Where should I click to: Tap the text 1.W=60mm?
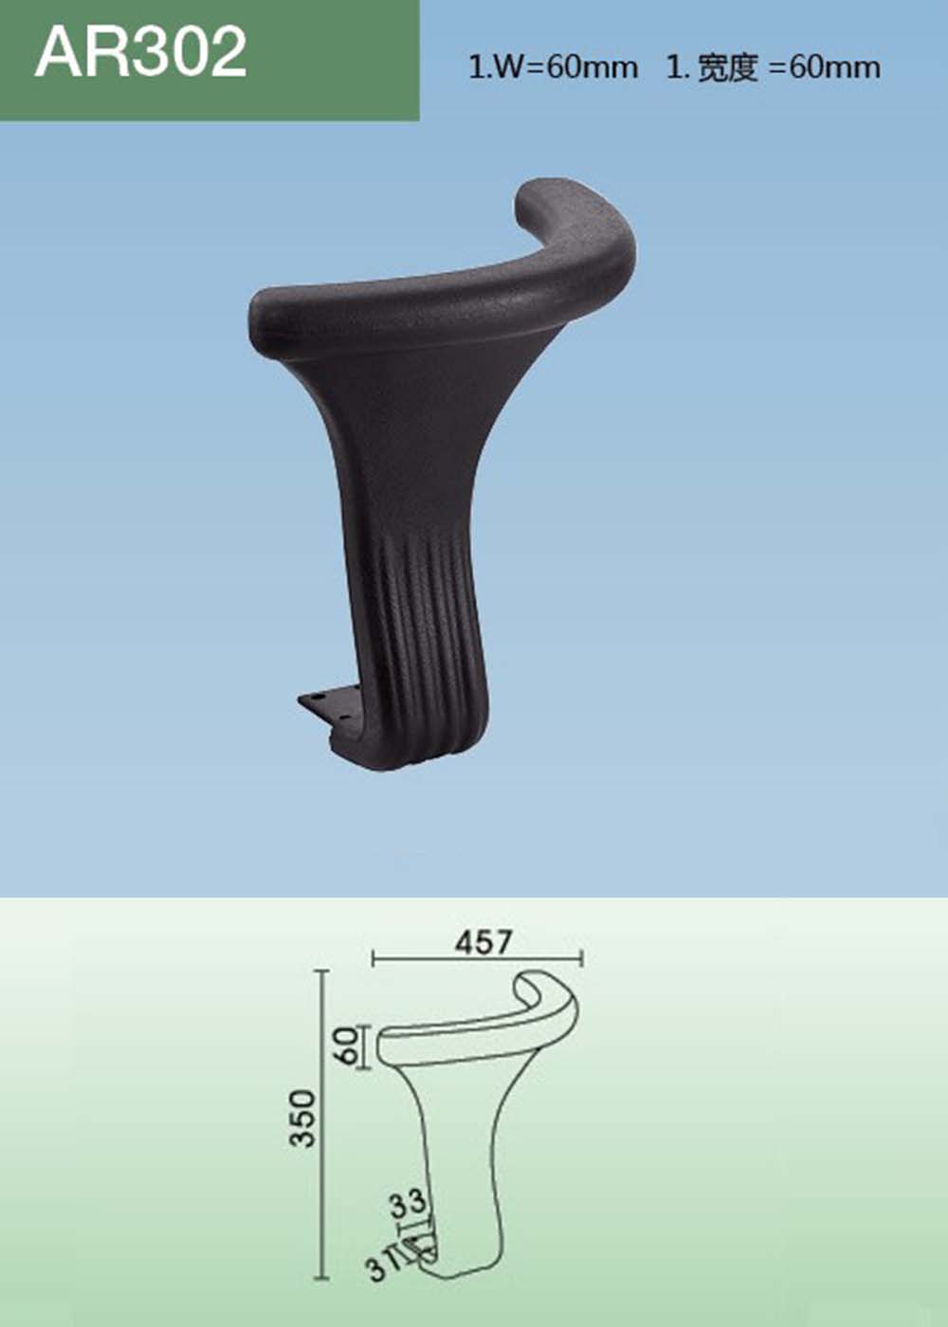[552, 67]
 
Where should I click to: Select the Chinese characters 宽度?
[727, 68]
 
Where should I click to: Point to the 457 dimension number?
[483, 942]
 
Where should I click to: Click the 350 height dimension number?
[302, 1118]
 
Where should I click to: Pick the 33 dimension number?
[409, 1205]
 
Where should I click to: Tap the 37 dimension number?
[381, 1266]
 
